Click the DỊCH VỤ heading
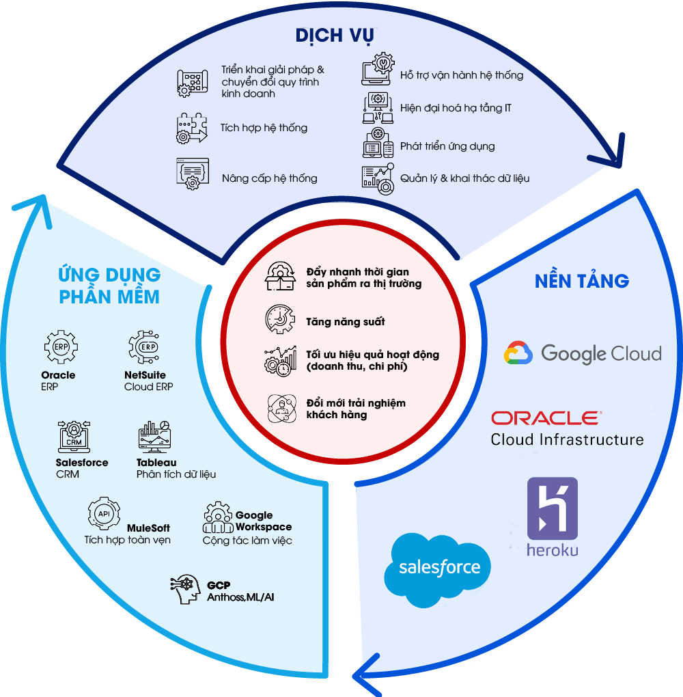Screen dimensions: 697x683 (x=335, y=36)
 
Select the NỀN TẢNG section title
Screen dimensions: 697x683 (x=582, y=281)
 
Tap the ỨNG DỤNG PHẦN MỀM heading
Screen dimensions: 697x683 (x=109, y=286)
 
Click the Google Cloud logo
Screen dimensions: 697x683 (x=583, y=353)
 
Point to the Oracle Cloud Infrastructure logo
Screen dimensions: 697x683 (x=567, y=428)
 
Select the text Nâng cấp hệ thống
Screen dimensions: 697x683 (x=269, y=178)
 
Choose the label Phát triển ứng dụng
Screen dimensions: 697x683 (x=447, y=146)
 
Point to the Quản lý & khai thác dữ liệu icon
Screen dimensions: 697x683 (x=378, y=178)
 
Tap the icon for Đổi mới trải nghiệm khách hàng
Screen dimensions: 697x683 (x=281, y=408)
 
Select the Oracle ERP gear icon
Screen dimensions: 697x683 (x=60, y=347)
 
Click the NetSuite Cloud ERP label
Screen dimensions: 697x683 (x=148, y=381)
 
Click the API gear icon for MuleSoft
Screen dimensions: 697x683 (x=104, y=514)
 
